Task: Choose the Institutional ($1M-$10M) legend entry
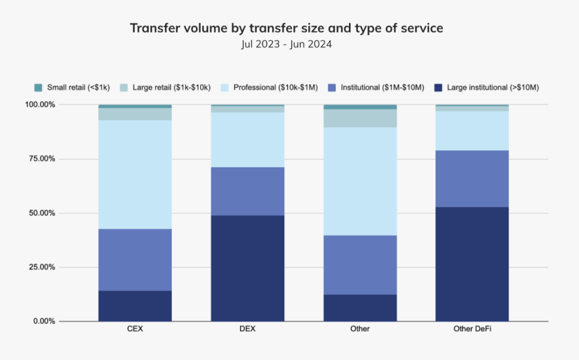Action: click(x=376, y=88)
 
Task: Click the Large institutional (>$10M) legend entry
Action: click(x=486, y=88)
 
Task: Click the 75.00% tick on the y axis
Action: click(x=41, y=159)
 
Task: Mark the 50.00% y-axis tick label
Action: click(x=41, y=213)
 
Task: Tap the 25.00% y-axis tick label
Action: click(x=41, y=267)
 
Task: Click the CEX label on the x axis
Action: click(x=135, y=329)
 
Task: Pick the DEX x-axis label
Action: click(x=247, y=329)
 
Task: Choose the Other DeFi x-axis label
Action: click(x=472, y=329)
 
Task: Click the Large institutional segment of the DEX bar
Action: click(x=247, y=268)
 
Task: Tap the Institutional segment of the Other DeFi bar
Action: click(x=472, y=179)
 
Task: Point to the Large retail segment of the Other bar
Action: click(x=360, y=118)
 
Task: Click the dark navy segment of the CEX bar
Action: click(x=135, y=306)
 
